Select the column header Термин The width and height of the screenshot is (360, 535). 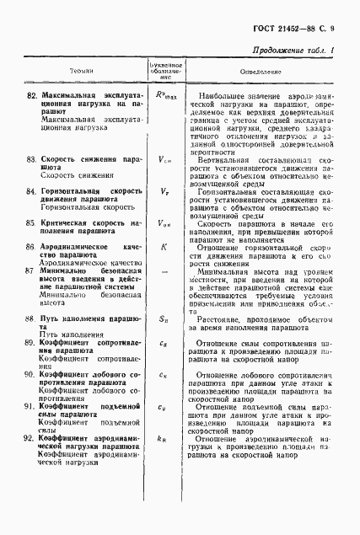point(82,73)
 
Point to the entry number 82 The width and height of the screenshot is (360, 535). point(33,94)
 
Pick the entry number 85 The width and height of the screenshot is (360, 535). point(33,222)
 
